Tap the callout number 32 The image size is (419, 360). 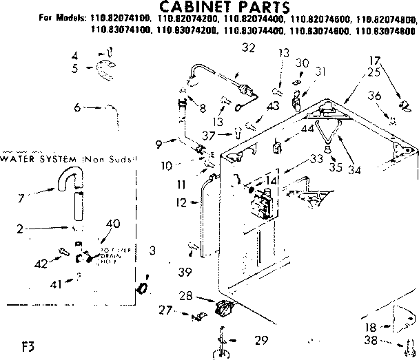[229, 47]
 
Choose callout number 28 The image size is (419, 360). [205, 296]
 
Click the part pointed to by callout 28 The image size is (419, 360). [223, 310]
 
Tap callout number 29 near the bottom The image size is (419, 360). [259, 340]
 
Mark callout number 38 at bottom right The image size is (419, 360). [370, 340]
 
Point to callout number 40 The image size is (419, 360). [113, 222]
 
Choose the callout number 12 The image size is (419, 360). [182, 202]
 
